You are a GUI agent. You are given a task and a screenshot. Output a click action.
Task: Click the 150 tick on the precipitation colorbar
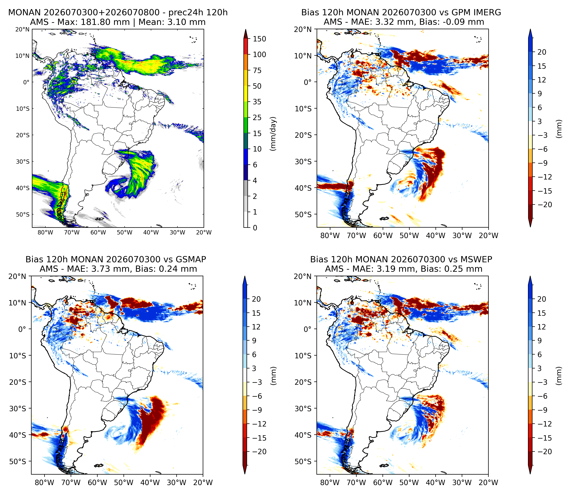[x=259, y=39]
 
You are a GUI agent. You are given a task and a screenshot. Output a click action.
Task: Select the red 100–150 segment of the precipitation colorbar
[x=246, y=47]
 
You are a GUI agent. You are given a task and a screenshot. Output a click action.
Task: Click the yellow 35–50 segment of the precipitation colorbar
[x=246, y=94]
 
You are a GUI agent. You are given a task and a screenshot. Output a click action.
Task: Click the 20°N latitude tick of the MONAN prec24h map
[x=22, y=29]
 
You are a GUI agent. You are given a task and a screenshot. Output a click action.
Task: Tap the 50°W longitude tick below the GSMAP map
[x=124, y=482]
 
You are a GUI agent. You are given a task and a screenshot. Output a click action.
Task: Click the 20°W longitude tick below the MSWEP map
[x=489, y=482]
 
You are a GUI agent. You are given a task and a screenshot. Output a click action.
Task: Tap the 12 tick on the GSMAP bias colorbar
[x=256, y=327]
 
